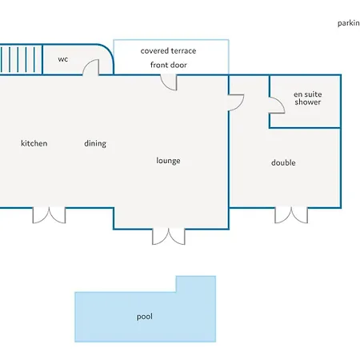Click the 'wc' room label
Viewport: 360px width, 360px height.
63,59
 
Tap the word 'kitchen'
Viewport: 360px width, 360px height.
34,143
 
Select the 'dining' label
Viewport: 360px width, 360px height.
95,143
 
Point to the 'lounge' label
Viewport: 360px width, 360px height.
168,161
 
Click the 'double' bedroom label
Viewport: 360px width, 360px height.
283,162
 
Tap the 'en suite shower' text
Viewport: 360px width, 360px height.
308,98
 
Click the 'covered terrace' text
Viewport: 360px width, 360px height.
168,50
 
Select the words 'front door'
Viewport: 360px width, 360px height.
169,65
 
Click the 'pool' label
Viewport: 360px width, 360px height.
145,317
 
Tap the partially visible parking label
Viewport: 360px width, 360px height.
349,23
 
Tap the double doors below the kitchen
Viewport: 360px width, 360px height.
49,215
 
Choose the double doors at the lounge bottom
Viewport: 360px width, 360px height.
169,237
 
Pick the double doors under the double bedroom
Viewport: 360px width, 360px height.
291,215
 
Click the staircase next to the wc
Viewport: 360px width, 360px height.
21,59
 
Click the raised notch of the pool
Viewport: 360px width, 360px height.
196,284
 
